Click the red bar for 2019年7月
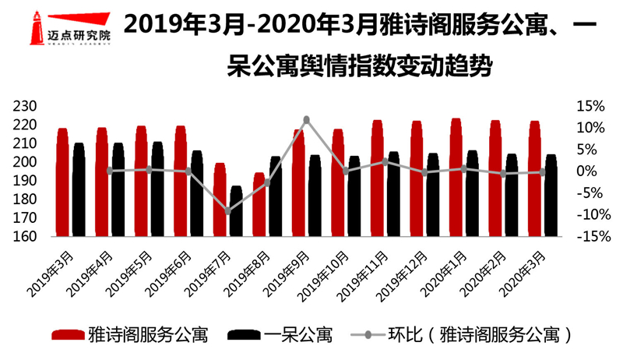tap(220, 200)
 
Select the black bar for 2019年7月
tap(236, 211)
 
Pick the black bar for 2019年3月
tap(79, 190)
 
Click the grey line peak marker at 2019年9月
tap(306, 119)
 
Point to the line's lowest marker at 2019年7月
tap(227, 210)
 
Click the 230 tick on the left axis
tap(26, 106)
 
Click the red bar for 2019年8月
tap(259, 205)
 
